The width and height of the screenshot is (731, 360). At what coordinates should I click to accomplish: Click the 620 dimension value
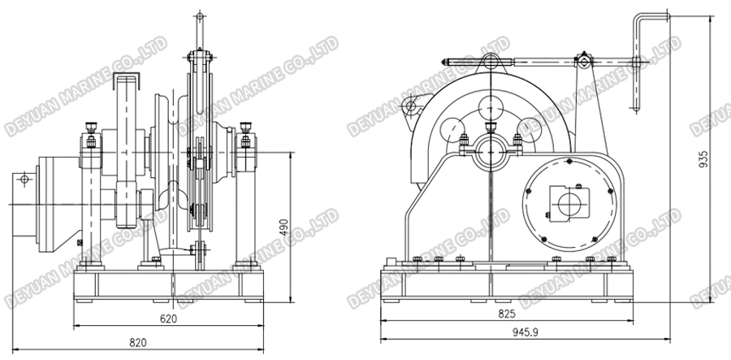pyautogui.click(x=167, y=319)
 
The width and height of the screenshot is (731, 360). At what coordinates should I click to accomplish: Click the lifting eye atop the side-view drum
pyautogui.click(x=490, y=60)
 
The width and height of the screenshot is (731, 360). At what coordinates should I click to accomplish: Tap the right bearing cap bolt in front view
pyautogui.click(x=244, y=128)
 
